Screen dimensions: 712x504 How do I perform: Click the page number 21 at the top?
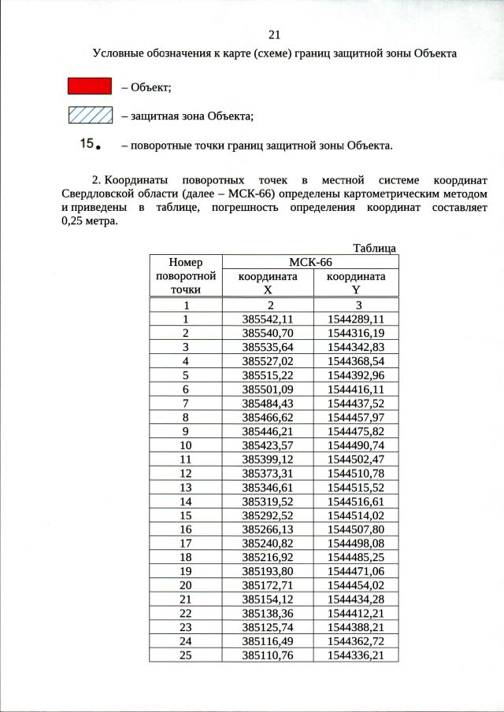(x=275, y=35)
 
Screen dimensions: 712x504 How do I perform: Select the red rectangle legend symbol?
(x=89, y=86)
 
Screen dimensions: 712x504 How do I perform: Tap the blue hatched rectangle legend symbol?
(x=89, y=116)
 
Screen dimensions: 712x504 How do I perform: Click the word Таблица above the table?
(x=374, y=248)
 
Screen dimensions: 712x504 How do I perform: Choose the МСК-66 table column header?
(x=311, y=262)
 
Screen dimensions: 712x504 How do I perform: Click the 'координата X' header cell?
(x=268, y=282)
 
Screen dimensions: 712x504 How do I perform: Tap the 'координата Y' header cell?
(x=356, y=282)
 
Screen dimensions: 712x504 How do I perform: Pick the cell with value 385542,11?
(x=268, y=319)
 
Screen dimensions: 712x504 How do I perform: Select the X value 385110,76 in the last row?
(x=268, y=655)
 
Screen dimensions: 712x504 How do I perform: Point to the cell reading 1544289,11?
(x=356, y=319)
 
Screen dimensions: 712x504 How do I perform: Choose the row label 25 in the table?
(x=186, y=655)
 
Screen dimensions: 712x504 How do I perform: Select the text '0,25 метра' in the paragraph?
(x=89, y=221)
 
